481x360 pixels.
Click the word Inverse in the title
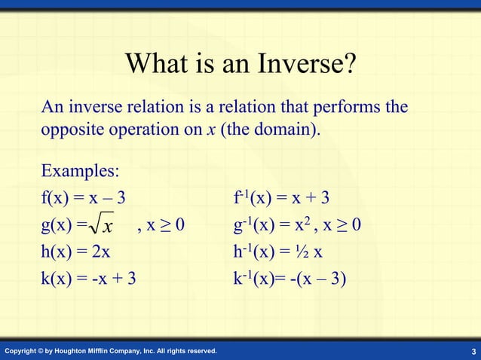[x=302, y=63]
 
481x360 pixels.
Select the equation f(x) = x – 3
[x=83, y=198]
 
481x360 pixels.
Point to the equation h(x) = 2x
[x=75, y=252]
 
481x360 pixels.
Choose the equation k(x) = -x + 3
[x=88, y=279]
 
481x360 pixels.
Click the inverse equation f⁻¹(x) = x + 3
[x=282, y=198]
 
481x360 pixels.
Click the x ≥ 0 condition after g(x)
[x=166, y=225]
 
